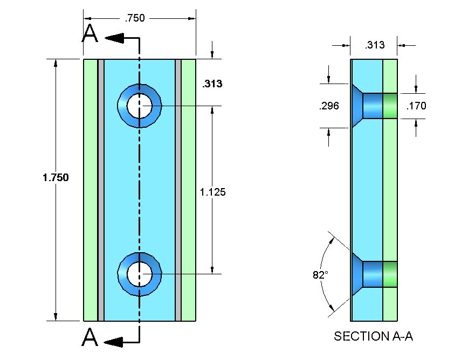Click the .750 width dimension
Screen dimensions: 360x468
(x=135, y=18)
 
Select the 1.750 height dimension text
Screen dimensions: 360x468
(x=56, y=177)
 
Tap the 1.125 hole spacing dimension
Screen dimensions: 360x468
(x=212, y=191)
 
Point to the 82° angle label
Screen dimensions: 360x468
(x=320, y=275)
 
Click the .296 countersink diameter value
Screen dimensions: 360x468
(x=329, y=106)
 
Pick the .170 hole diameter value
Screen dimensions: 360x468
(x=416, y=106)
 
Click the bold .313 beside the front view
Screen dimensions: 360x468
(x=212, y=84)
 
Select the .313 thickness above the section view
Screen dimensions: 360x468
(x=375, y=45)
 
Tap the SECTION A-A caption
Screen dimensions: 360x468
(x=373, y=336)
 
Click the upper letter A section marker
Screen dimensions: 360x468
(x=90, y=34)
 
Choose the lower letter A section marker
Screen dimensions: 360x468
(x=90, y=338)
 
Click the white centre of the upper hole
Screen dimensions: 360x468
(x=139, y=105)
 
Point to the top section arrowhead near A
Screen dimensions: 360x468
(x=115, y=38)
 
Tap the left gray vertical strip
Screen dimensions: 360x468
(x=100, y=189)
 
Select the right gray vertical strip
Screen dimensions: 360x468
(x=178, y=189)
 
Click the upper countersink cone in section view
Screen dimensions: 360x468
(x=357, y=106)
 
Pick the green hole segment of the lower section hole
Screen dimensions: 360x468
(x=390, y=274)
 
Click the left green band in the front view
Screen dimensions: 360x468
(x=90, y=189)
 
